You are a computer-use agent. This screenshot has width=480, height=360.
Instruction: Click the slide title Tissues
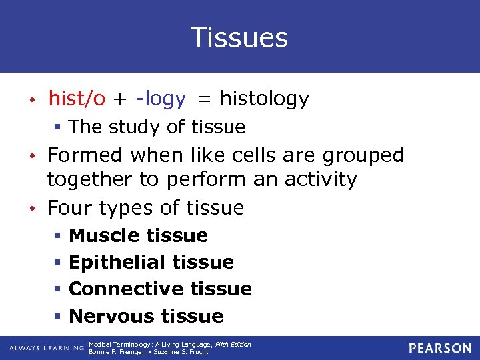pyautogui.click(x=239, y=37)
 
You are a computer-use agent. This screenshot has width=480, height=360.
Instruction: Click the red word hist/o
pyautogui.click(x=77, y=99)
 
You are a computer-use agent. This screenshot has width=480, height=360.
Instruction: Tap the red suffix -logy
pyautogui.click(x=160, y=99)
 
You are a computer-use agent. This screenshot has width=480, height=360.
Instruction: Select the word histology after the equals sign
pyautogui.click(x=264, y=99)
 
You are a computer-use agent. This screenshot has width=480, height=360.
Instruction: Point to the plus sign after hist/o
pyautogui.click(x=120, y=100)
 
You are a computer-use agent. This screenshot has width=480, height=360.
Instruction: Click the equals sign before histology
pyautogui.click(x=204, y=100)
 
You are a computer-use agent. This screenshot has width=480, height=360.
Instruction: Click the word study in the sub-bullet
pyautogui.click(x=135, y=127)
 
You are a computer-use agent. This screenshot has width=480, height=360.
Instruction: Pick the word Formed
pyautogui.click(x=85, y=155)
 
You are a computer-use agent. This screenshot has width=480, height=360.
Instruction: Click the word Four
pyautogui.click(x=71, y=208)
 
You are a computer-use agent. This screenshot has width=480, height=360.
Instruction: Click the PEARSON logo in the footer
pyautogui.click(x=440, y=348)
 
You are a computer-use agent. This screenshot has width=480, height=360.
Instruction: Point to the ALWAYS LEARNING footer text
pyautogui.click(x=47, y=348)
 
